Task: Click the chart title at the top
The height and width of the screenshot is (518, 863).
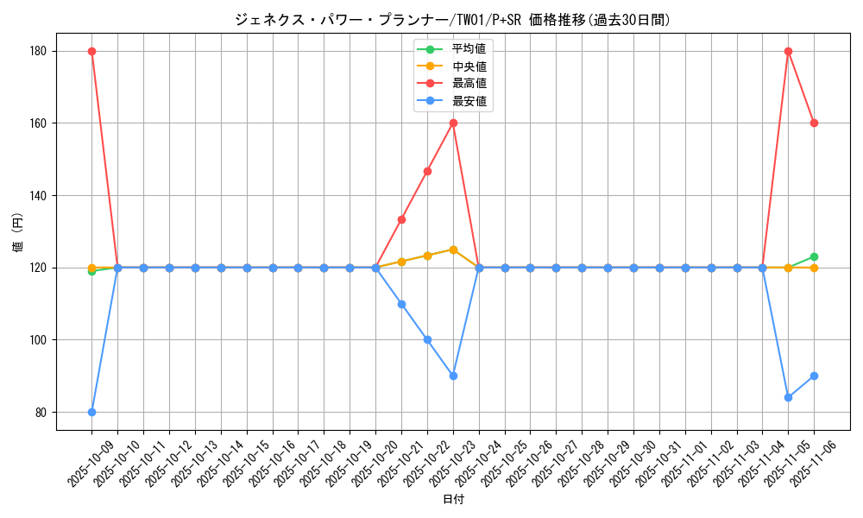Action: tap(452, 20)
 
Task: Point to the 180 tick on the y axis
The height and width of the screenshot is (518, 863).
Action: tap(40, 51)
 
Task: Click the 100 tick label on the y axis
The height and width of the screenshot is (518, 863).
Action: tap(40, 340)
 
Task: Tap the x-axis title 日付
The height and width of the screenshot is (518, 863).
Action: tap(453, 500)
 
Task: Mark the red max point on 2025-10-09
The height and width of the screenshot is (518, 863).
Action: tap(91, 51)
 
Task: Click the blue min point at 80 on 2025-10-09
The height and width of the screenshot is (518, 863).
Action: tap(91, 412)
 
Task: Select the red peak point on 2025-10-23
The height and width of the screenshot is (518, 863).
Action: tap(453, 123)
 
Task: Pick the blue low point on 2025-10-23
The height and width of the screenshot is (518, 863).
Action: tap(453, 376)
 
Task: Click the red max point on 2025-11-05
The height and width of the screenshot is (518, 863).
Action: tap(788, 51)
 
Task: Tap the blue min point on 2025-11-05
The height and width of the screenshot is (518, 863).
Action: tap(788, 397)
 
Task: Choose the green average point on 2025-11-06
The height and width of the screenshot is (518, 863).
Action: tap(814, 256)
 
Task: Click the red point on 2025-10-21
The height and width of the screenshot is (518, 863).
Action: tap(401, 219)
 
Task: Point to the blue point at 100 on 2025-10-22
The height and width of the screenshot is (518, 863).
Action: tap(427, 339)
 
